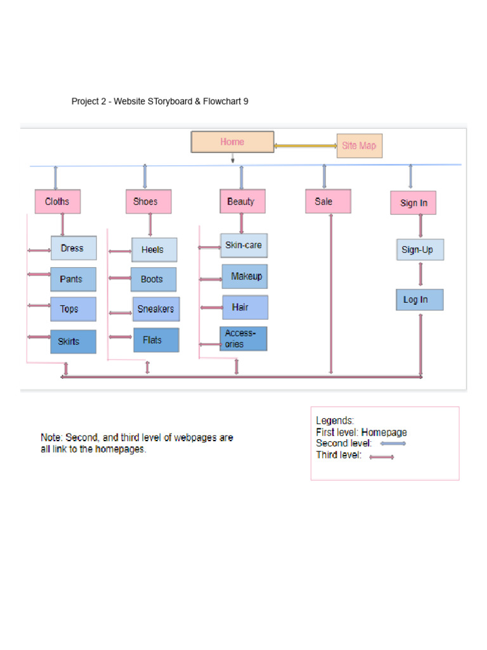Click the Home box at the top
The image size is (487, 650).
tap(232, 142)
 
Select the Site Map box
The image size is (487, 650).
tap(359, 145)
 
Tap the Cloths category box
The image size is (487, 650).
tap(58, 202)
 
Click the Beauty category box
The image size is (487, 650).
tap(242, 201)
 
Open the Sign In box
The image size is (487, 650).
tap(413, 203)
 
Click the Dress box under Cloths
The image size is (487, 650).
tap(74, 248)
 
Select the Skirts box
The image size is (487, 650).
tap(74, 342)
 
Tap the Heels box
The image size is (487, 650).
tap(154, 249)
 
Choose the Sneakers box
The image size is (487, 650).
tap(156, 309)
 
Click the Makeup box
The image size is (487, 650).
tap(245, 277)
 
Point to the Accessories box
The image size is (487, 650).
tap(243, 339)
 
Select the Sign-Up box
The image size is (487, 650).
tap(419, 249)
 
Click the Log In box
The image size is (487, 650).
tap(419, 300)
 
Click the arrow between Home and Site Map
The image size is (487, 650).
tap(305, 146)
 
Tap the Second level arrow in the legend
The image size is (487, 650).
tap(393, 444)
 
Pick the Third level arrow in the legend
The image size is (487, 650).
tap(382, 457)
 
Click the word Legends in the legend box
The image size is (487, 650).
tap(335, 420)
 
